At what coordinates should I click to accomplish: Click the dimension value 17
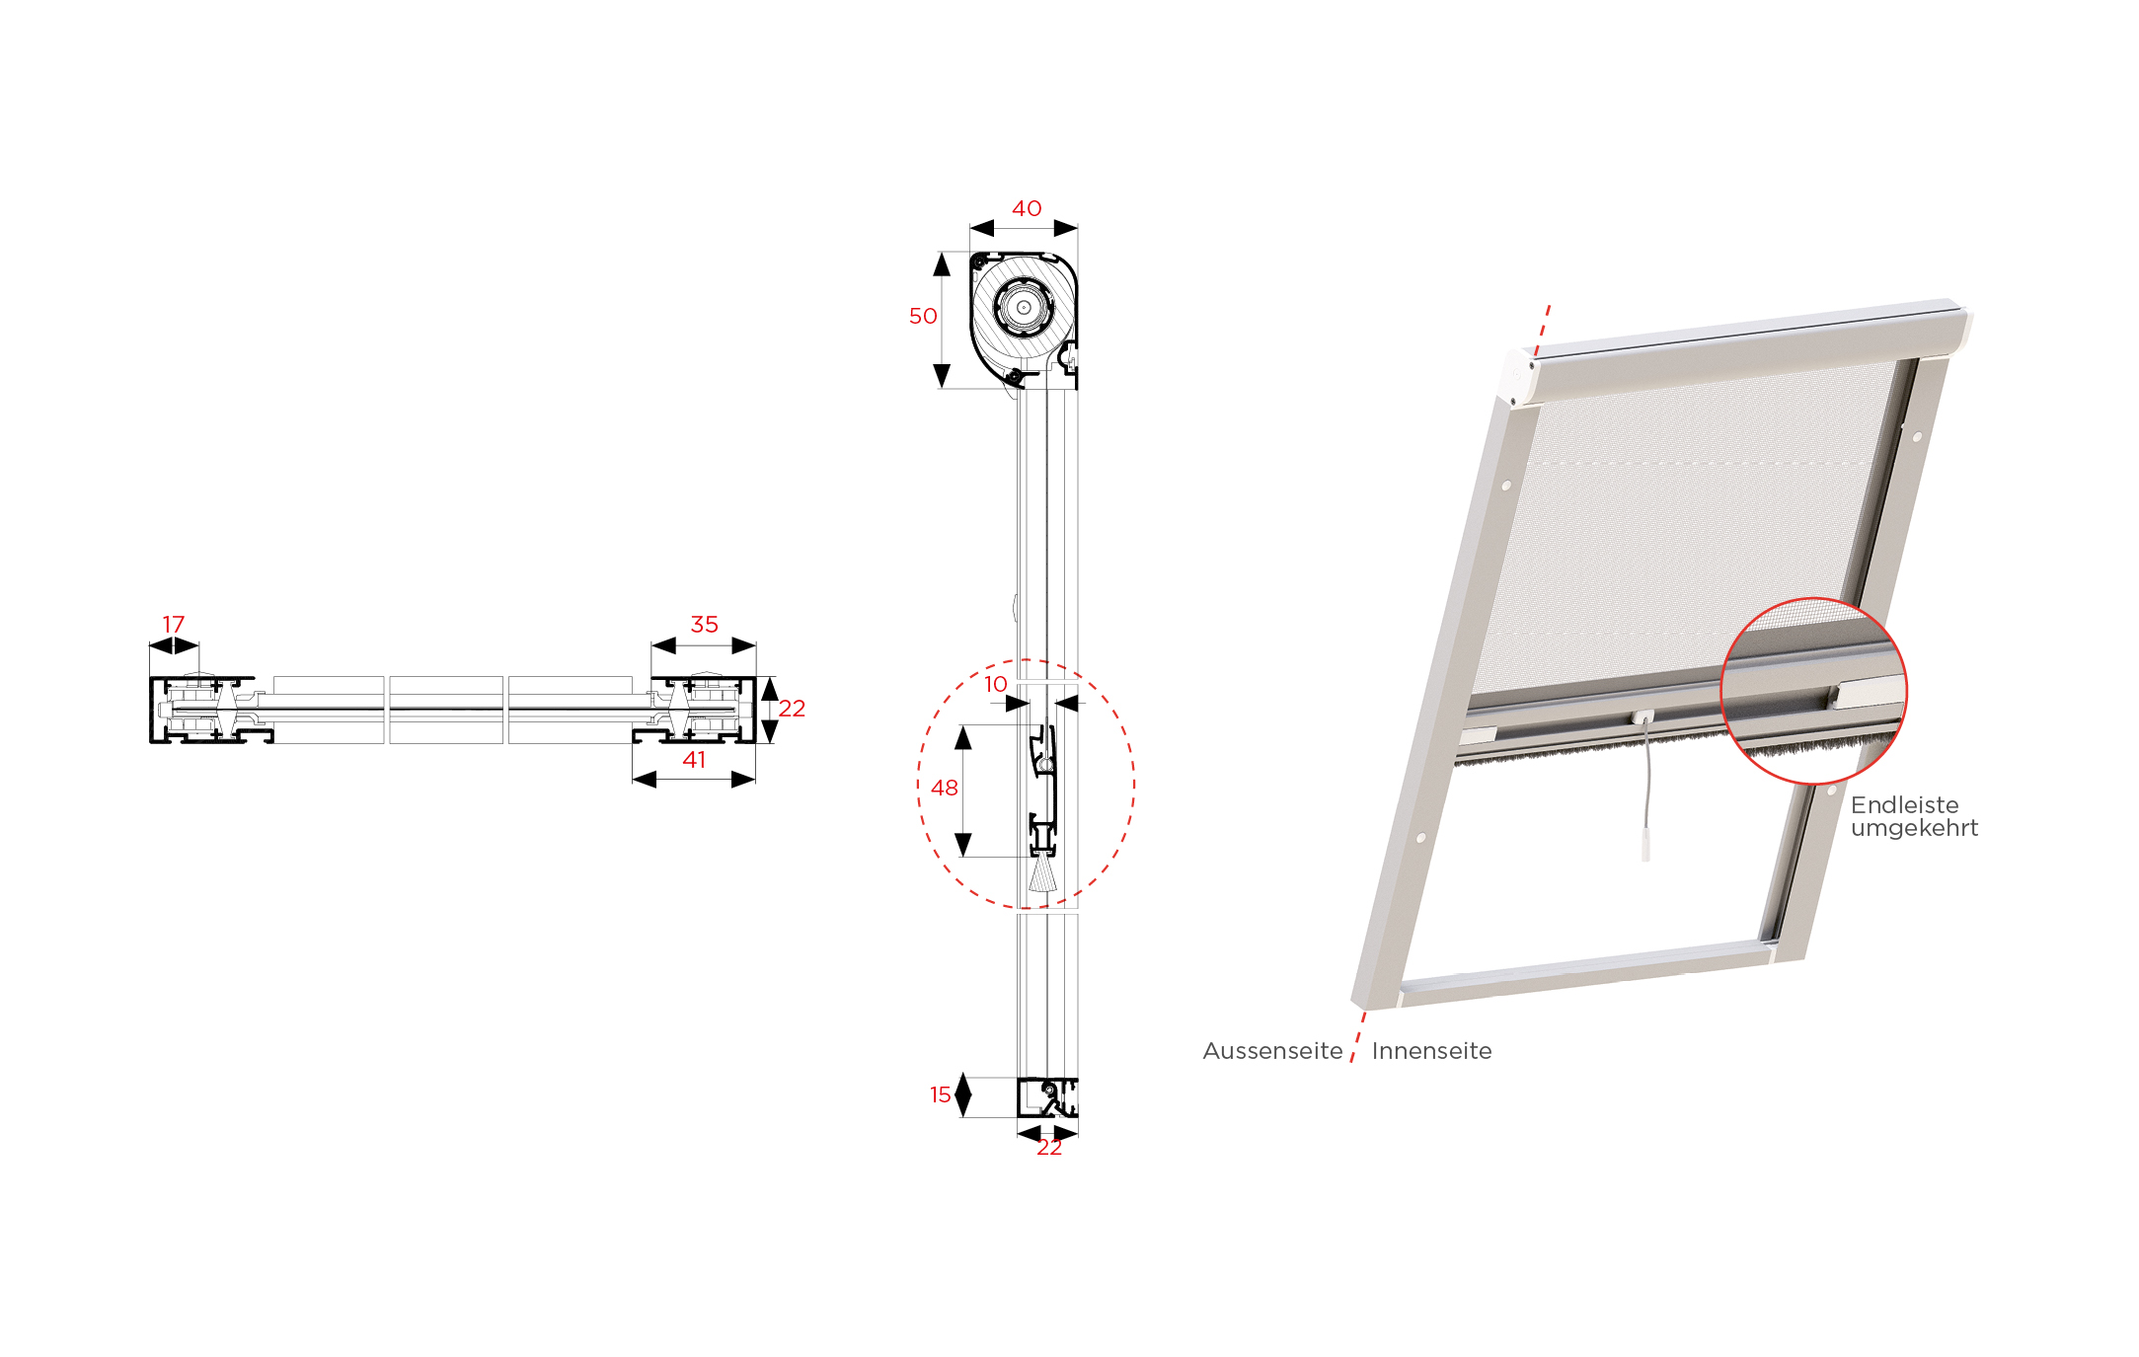click(174, 625)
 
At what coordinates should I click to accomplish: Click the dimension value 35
click(704, 625)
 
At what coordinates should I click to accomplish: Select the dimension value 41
click(694, 760)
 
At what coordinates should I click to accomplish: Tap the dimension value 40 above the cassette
click(1027, 208)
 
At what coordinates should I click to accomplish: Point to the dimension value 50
click(923, 316)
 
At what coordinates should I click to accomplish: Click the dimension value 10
click(996, 684)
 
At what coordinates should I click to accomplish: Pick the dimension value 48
click(945, 788)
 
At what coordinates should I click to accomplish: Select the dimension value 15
click(941, 1094)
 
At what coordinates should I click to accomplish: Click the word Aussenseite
click(1272, 1051)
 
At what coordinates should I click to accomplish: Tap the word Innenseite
click(1431, 1051)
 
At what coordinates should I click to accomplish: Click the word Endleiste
click(1904, 805)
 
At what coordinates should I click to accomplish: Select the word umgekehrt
click(1914, 829)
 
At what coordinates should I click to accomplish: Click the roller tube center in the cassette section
click(1024, 307)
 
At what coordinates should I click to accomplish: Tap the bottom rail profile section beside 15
click(1047, 1097)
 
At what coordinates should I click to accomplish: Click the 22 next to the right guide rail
click(792, 709)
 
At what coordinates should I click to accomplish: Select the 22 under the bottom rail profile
click(1049, 1147)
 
